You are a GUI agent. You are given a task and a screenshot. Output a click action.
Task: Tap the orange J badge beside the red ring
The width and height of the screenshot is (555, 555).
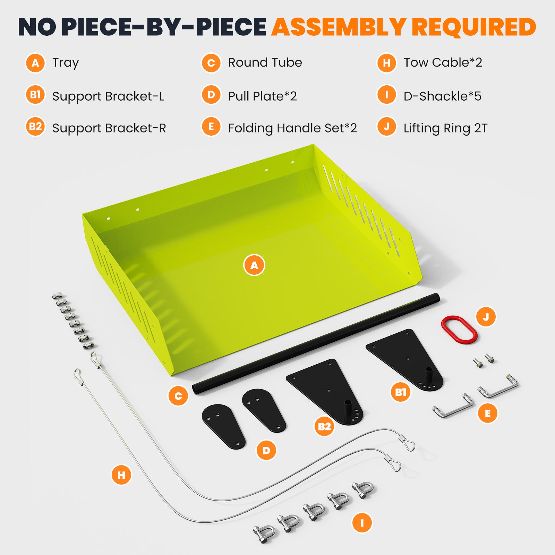486,317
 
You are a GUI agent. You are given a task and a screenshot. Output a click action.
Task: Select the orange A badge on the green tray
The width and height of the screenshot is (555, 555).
254,265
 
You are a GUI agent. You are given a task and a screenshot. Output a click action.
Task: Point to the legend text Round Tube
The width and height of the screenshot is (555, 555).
265,62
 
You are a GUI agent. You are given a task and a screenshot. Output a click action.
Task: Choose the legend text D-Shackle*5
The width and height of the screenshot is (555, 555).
443,96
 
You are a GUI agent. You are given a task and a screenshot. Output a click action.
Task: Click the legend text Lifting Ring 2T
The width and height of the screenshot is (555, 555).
445,128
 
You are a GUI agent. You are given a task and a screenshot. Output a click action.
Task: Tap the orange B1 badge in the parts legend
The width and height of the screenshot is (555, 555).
35,95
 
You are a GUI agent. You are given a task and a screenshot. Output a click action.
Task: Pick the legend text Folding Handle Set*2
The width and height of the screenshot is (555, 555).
292,128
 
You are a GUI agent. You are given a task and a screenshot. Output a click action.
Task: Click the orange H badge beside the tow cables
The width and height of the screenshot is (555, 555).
121,475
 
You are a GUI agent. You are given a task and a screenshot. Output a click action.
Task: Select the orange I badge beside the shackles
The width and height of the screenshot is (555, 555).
362,523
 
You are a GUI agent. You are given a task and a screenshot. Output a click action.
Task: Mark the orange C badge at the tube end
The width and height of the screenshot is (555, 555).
178,396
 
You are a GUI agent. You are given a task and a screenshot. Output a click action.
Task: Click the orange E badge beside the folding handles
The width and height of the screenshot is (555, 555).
488,413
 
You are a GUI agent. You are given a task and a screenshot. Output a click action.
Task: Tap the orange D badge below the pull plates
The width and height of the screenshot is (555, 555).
266,450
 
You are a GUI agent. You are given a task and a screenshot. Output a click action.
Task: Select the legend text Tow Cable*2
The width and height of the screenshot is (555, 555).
443,62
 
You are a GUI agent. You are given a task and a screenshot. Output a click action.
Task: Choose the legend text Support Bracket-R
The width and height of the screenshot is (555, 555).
109,128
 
